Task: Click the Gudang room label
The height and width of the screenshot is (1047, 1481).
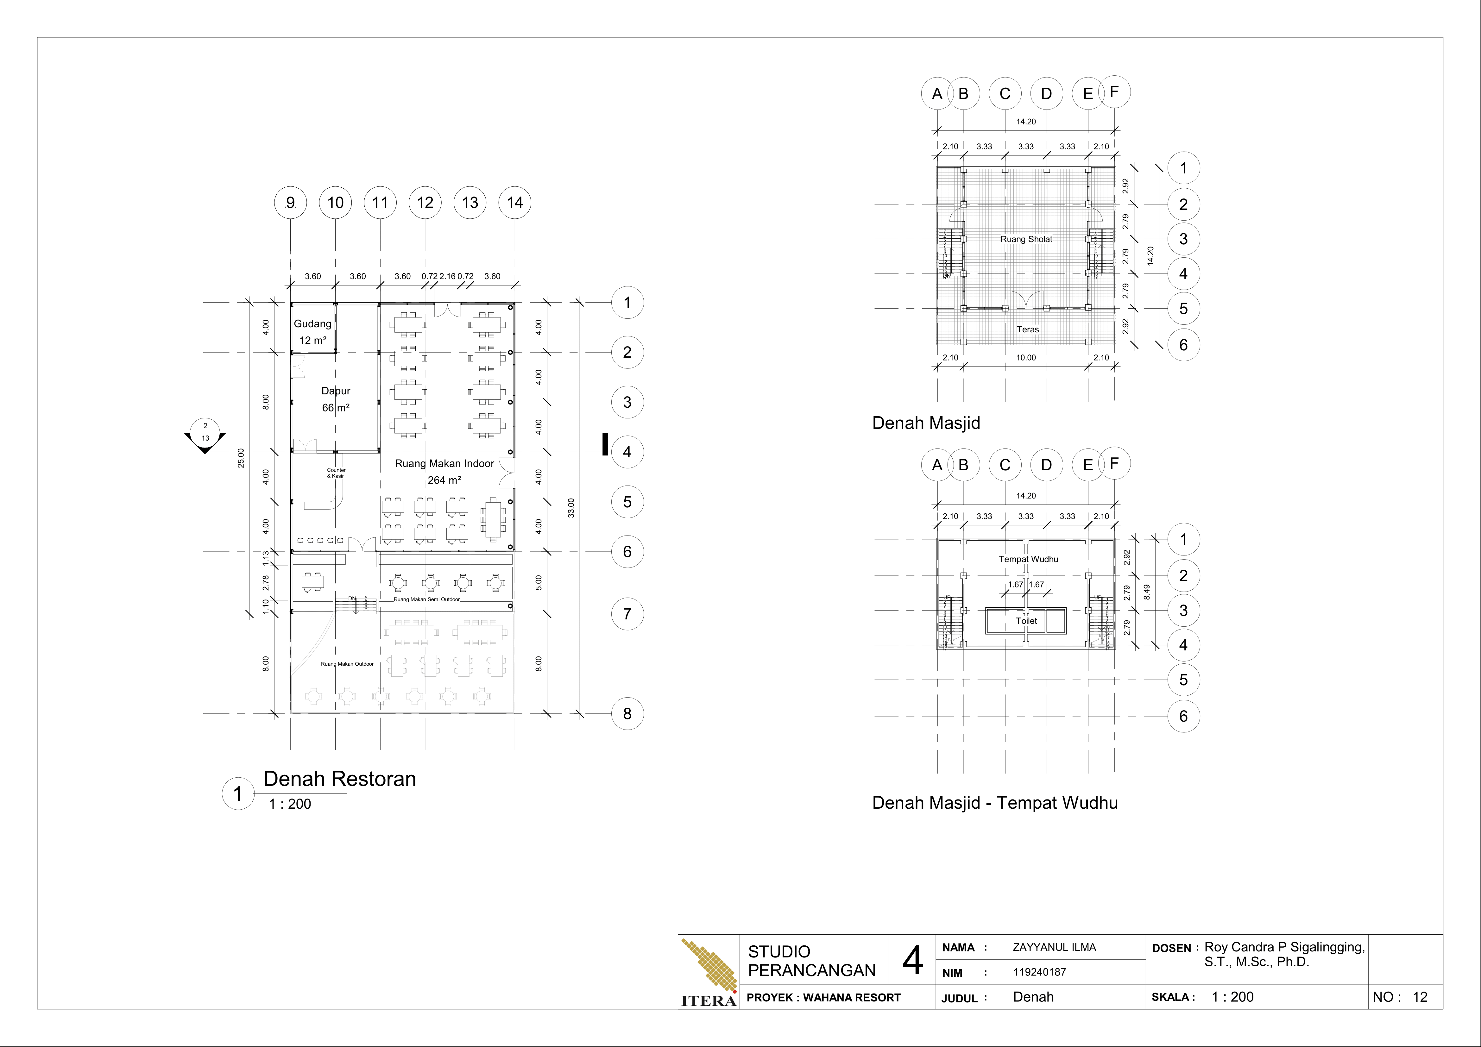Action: [x=313, y=324]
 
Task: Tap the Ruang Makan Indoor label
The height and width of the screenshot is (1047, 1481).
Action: [x=444, y=464]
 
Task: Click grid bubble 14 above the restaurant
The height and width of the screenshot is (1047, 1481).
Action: [x=515, y=203]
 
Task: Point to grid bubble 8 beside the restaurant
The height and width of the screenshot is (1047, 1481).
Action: [x=627, y=714]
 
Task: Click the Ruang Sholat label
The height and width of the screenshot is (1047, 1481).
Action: [x=1026, y=239]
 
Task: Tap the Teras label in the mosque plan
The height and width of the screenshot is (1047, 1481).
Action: [x=1028, y=329]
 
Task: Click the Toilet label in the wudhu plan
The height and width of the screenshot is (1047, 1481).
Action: [x=1026, y=621]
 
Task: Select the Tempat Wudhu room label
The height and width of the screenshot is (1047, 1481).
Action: [x=1028, y=559]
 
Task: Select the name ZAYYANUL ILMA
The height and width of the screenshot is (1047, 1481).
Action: [x=1054, y=947]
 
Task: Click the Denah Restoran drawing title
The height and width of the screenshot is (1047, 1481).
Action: [x=339, y=779]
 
